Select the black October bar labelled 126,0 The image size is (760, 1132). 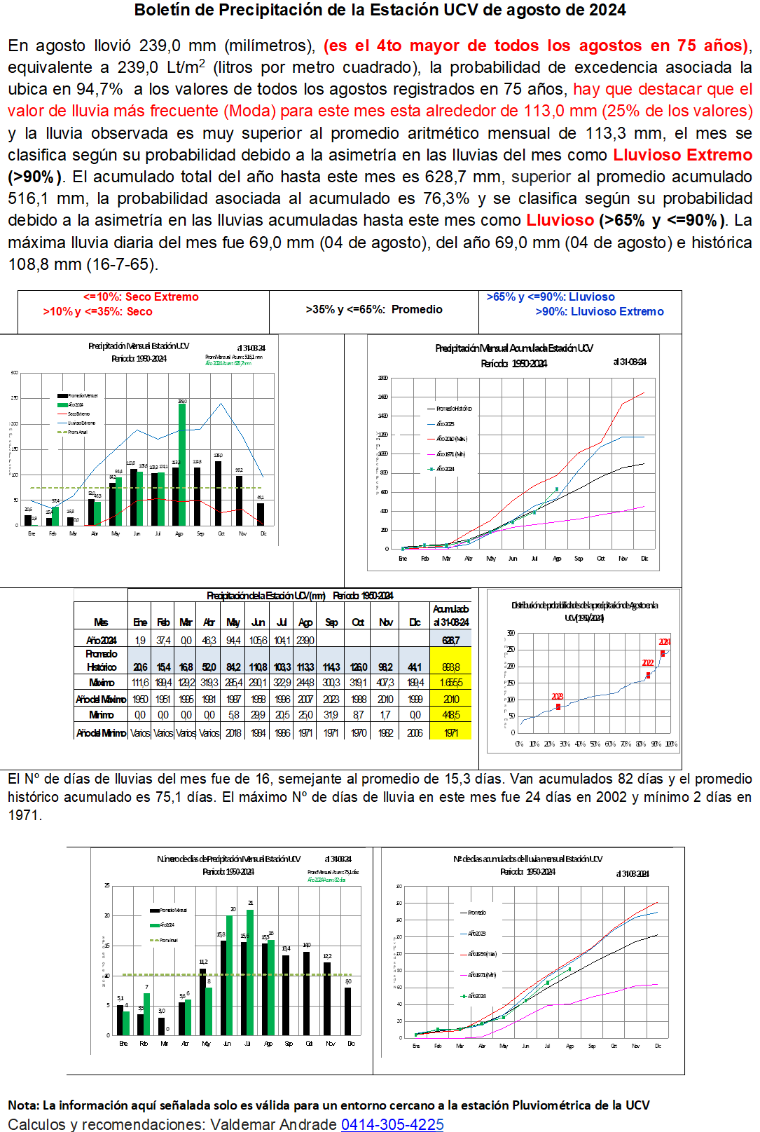pos(218,493)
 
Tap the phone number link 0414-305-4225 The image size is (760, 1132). pos(392,1124)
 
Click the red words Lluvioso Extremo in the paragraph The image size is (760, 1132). pos(682,155)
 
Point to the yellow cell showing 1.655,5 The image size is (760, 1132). pos(450,682)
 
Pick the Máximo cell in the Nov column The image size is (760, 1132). pos(385,682)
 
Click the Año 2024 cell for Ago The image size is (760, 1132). pos(305,640)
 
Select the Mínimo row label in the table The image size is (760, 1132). pos(101,715)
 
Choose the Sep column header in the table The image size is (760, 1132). pos(331,622)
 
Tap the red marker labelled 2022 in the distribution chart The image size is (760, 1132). pos(648,675)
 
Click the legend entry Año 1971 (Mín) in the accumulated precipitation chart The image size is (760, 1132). pos(451,454)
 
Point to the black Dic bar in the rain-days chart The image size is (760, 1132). pos(348,1011)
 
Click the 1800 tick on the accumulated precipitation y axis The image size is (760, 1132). pos(383,378)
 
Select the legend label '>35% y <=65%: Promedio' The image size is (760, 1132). pos(374,309)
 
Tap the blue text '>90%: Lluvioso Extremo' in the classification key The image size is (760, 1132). pos(600,311)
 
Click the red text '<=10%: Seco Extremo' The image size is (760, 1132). pos(141,296)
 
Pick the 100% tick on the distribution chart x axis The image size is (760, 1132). pos(670,744)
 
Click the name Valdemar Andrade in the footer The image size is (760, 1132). pos(273,1124)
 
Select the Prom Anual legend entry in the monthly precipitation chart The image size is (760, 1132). pos(77,432)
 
